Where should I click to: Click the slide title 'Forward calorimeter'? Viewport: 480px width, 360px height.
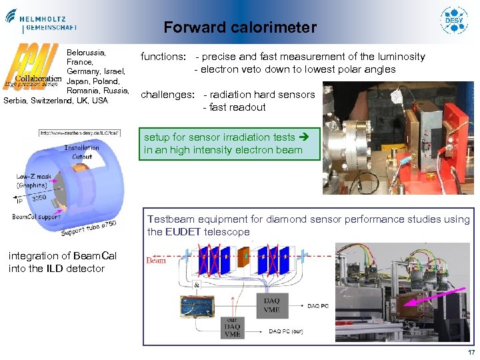click(x=240, y=27)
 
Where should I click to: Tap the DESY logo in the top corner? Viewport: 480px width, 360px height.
click(x=455, y=21)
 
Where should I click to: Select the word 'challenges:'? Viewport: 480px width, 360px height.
click(x=167, y=95)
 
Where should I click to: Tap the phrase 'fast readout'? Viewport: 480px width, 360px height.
click(x=237, y=107)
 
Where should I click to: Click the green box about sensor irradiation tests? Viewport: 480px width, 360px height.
click(x=230, y=143)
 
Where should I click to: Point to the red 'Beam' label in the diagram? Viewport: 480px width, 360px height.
click(x=156, y=261)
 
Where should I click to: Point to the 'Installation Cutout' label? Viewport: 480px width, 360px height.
click(x=81, y=152)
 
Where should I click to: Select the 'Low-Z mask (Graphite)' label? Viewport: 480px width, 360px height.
click(x=32, y=180)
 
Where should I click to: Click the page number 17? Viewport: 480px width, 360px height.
click(x=471, y=353)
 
